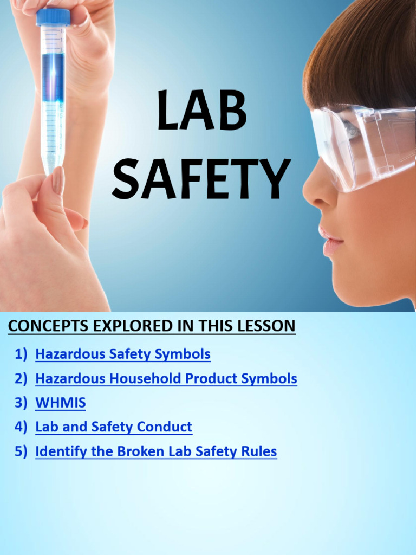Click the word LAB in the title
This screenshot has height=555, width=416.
(x=201, y=112)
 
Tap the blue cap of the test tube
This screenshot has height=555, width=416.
(x=53, y=17)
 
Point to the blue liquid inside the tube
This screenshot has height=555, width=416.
(x=53, y=76)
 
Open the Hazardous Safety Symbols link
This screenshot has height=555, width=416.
(x=122, y=354)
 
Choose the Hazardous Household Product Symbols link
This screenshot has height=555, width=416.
(x=166, y=378)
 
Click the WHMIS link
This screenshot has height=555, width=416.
(x=60, y=403)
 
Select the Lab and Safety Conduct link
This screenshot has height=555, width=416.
(x=113, y=427)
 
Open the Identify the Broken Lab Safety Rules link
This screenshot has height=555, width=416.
(x=155, y=451)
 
